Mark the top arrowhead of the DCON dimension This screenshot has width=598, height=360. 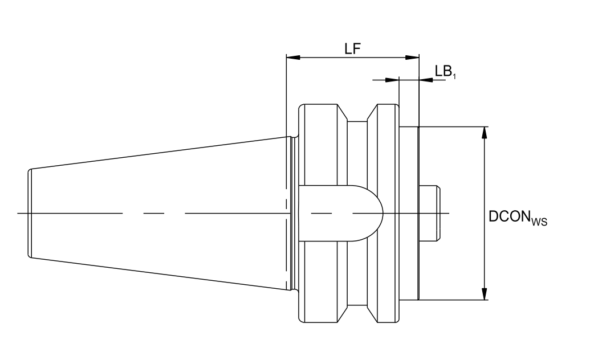[484, 133]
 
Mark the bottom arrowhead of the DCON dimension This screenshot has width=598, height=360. [484, 293]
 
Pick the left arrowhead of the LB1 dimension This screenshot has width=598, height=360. [392, 80]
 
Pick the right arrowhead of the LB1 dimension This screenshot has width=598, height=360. [426, 80]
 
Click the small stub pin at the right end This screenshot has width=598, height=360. [430, 213]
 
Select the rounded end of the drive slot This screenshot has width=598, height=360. [377, 213]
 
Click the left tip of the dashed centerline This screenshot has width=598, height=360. [18, 213]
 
